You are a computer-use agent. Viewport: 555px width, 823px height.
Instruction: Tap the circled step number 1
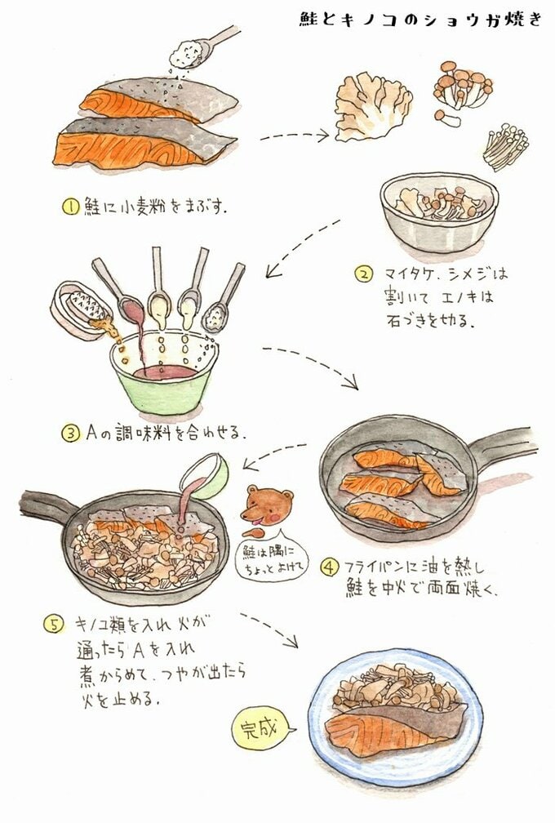[72, 207]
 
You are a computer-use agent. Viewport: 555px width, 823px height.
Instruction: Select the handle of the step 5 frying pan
[45, 506]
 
